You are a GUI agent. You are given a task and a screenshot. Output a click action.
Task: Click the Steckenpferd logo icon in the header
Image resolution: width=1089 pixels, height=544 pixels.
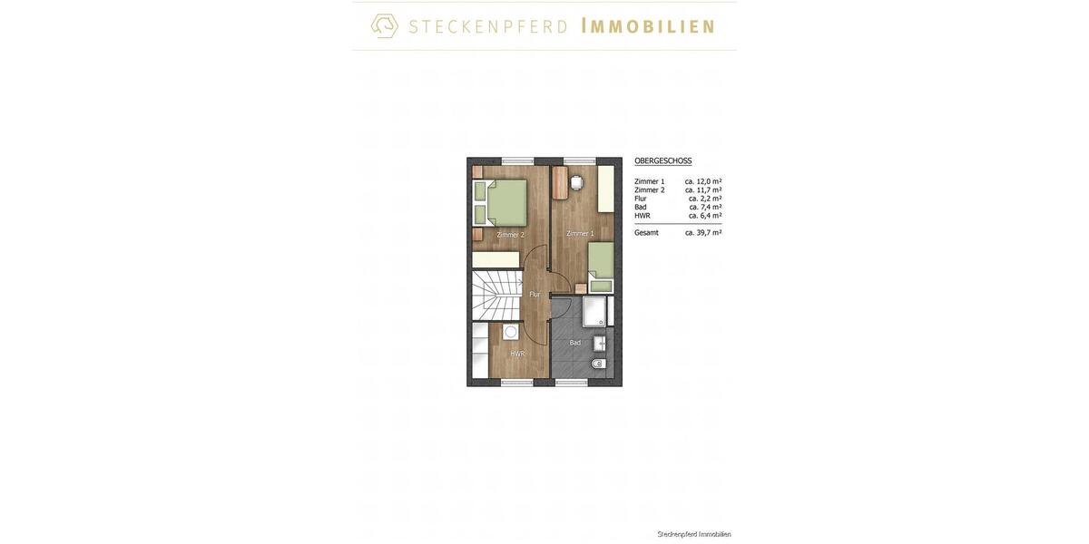(x=385, y=25)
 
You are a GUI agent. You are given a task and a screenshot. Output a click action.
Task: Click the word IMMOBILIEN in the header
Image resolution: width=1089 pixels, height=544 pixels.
(x=647, y=26)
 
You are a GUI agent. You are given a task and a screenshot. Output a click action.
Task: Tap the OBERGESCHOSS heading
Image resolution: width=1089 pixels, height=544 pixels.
(x=662, y=160)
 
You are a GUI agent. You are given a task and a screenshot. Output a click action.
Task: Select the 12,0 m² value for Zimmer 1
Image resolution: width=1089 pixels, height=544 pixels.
(x=703, y=181)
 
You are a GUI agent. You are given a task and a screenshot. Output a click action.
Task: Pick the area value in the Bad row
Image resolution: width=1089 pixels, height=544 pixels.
(x=705, y=207)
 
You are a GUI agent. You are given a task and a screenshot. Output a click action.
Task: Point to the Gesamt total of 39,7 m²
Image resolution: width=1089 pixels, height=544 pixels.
(x=703, y=233)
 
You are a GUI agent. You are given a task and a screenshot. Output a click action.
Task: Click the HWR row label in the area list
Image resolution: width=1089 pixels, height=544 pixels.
(x=643, y=216)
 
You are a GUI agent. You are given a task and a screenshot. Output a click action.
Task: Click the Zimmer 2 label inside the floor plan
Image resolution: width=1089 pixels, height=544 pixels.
(x=510, y=235)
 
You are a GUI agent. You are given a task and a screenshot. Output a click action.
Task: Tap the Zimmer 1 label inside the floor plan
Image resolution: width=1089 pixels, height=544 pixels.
(x=580, y=233)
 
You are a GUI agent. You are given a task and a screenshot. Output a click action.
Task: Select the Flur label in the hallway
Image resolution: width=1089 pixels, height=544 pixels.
(x=535, y=294)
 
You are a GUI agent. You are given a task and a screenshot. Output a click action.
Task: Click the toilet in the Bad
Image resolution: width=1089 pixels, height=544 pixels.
(x=598, y=364)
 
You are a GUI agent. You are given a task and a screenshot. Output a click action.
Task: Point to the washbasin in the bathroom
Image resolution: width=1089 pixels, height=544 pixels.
(x=600, y=343)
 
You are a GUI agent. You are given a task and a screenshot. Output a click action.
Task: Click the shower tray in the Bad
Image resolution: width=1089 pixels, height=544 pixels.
(x=594, y=311)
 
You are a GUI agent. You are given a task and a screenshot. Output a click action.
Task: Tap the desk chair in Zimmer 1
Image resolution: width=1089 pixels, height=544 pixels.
(x=576, y=182)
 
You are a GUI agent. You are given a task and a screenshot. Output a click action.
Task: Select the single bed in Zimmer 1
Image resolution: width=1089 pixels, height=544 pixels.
(x=601, y=266)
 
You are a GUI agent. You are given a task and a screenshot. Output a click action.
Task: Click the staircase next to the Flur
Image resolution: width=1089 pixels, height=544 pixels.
(x=495, y=295)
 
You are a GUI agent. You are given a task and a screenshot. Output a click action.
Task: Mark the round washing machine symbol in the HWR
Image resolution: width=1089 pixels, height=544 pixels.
(x=511, y=332)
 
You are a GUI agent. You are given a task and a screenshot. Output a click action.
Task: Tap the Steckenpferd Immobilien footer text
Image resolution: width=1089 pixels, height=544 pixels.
(x=694, y=534)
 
